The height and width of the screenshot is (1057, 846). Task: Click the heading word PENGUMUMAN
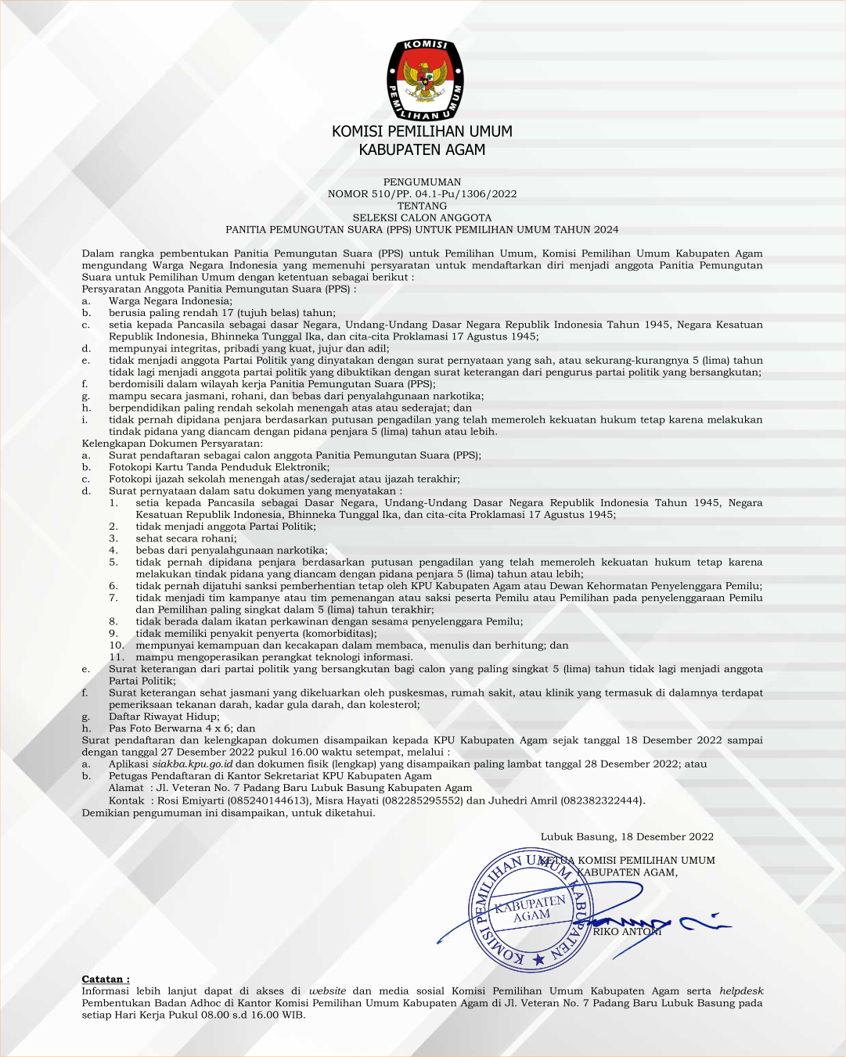[x=422, y=182]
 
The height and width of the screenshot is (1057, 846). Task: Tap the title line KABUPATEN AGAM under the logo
[x=422, y=150]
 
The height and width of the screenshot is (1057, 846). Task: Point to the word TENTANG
[x=422, y=206]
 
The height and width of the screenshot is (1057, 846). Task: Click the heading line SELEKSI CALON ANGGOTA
[x=422, y=218]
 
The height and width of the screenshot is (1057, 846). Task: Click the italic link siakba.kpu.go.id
[x=192, y=764]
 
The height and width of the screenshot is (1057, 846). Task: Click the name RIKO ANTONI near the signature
[x=627, y=932]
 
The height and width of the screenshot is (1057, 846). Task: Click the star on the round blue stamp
[x=538, y=959]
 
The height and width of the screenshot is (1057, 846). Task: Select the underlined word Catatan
[x=105, y=980]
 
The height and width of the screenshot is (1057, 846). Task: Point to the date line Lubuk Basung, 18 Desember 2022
[x=627, y=836]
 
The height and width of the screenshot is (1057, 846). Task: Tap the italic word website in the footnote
[x=327, y=991]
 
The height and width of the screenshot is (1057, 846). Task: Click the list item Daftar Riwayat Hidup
[x=163, y=717]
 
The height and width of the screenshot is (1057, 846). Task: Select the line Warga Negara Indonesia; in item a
[x=170, y=301]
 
